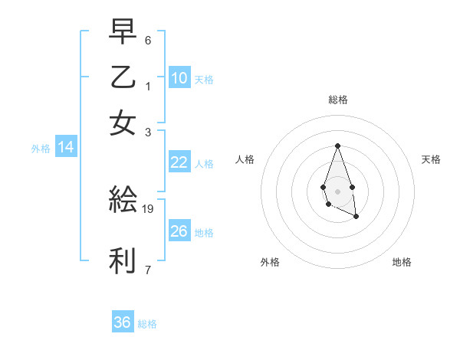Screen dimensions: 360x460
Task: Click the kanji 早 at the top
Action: click(123, 33)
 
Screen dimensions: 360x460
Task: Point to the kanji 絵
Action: click(123, 200)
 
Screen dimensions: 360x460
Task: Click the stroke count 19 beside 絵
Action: click(149, 208)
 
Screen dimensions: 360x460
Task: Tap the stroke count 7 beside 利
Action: click(148, 270)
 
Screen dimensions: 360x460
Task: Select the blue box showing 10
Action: click(179, 78)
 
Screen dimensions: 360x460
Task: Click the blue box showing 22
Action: click(179, 162)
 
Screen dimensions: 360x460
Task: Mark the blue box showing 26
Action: click(179, 231)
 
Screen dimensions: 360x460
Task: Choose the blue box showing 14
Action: click(66, 148)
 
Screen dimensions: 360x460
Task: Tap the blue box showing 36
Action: click(123, 322)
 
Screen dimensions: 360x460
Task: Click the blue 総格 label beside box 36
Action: click(147, 324)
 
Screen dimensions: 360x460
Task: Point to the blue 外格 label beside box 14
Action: click(41, 149)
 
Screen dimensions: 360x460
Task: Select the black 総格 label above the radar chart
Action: click(337, 100)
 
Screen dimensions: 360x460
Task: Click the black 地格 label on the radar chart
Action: click(402, 262)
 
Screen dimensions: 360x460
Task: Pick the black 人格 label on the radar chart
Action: click(245, 159)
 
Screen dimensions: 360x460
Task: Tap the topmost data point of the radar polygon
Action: click(337, 146)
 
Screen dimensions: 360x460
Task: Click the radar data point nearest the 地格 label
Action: click(356, 217)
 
